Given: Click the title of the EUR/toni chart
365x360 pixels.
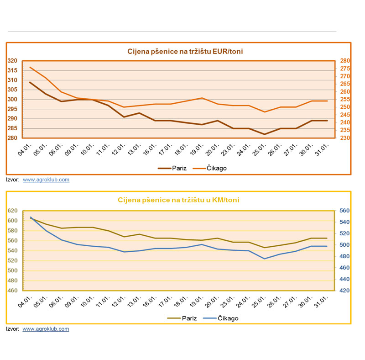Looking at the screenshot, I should tap(185, 51).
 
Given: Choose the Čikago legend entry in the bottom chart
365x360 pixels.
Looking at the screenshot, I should tap(222, 318).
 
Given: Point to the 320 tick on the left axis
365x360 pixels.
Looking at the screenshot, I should tap(13, 61).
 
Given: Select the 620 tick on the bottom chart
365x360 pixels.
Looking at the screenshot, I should tap(13, 211).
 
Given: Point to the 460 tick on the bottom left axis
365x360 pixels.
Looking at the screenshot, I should tap(13, 291).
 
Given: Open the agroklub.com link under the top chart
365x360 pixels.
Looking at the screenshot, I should tap(46, 180).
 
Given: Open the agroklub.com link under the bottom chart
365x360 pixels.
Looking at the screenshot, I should tap(46, 329).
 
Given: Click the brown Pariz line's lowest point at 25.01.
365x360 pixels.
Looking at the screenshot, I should tap(264, 134).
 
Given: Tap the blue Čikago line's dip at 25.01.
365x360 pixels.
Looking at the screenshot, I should tap(264, 259).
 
